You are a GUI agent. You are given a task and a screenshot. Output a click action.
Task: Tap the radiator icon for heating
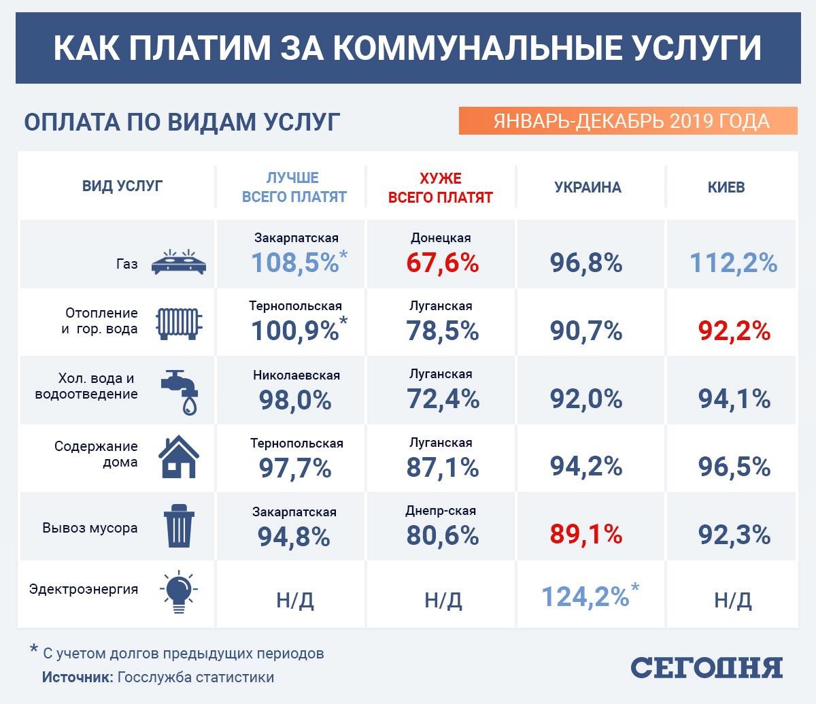click(x=180, y=323)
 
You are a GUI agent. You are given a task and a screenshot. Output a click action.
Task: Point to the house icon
click(x=179, y=456)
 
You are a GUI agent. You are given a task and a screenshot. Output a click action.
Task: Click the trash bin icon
click(x=179, y=526)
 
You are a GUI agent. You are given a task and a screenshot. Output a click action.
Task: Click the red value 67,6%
click(x=443, y=263)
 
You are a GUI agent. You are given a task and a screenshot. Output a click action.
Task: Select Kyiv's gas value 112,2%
click(x=734, y=262)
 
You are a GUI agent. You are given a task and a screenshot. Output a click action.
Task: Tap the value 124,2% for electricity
click(x=586, y=597)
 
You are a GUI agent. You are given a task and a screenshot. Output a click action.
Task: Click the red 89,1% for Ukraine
click(x=585, y=534)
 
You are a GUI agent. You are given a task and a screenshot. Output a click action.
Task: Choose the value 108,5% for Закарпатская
click(x=295, y=263)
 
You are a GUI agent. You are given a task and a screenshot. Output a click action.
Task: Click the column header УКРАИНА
click(x=588, y=187)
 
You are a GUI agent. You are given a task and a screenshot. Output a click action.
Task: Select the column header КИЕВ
click(x=726, y=187)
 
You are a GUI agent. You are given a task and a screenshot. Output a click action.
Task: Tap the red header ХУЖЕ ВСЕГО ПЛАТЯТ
click(x=440, y=188)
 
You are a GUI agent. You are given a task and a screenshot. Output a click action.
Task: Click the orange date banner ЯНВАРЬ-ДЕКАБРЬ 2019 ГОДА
click(x=628, y=120)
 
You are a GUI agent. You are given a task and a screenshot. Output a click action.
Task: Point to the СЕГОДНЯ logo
click(x=707, y=667)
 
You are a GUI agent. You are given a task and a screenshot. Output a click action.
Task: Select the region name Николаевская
click(x=296, y=375)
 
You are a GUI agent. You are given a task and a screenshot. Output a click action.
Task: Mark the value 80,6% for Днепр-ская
click(x=443, y=535)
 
